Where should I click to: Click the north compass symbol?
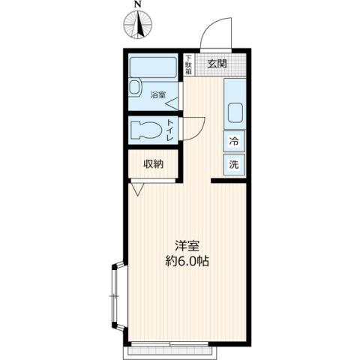(x=137, y=26)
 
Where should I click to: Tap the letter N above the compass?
(x=137, y=6)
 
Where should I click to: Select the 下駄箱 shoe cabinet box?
(x=188, y=64)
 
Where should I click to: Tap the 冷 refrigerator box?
(x=233, y=141)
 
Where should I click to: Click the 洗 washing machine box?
(x=233, y=164)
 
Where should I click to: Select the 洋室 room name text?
(x=187, y=246)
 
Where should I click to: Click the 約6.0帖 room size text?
(x=187, y=262)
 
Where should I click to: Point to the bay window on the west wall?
(x=116, y=295)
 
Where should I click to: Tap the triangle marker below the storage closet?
(x=136, y=190)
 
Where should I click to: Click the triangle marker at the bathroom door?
(x=172, y=102)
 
